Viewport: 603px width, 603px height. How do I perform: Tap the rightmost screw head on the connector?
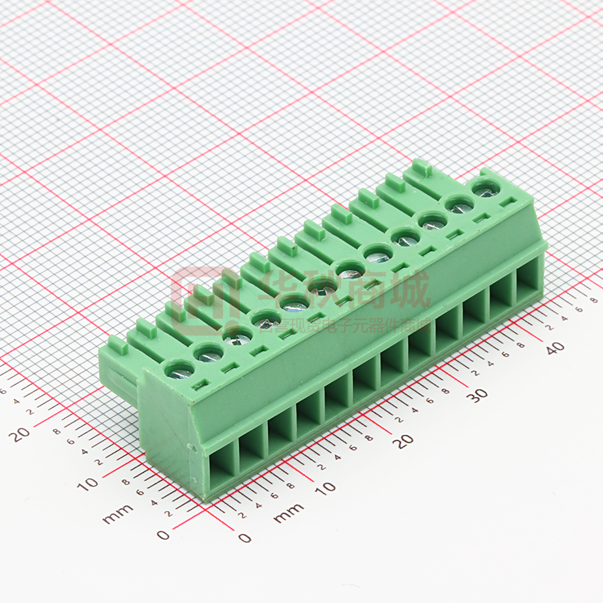(x=484, y=190)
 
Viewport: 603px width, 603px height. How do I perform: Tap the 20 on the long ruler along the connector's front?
(x=405, y=441)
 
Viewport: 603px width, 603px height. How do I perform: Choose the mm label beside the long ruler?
(x=288, y=513)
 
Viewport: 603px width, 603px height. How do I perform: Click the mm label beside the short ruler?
(x=118, y=514)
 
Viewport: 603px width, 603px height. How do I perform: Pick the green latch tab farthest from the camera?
(x=419, y=168)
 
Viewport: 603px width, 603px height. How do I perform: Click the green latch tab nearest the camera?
(x=117, y=345)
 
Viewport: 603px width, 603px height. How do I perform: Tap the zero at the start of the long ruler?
(x=244, y=538)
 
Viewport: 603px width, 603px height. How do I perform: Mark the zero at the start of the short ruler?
(x=163, y=535)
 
